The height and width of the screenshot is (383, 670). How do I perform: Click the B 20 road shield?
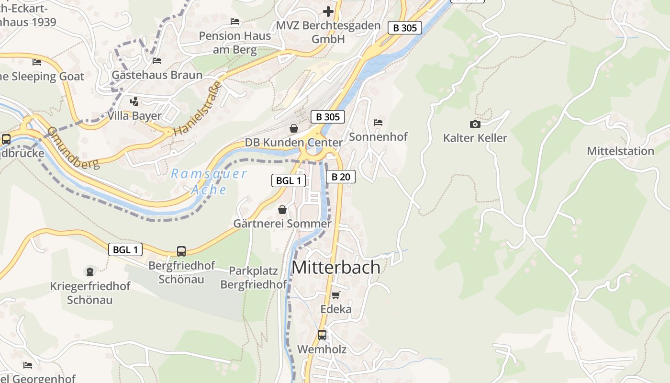coord(341,177)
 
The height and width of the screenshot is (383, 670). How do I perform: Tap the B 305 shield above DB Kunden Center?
coord(327,117)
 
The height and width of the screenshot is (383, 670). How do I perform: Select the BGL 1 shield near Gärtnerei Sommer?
coord(289,180)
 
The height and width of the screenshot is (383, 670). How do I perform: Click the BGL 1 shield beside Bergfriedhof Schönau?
coord(125,249)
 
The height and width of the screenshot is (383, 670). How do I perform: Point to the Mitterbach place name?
coord(336,267)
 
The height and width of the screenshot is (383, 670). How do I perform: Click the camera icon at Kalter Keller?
coord(475,124)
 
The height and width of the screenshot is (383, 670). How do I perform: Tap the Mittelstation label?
coord(620,151)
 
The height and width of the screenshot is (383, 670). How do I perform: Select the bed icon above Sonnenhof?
coord(378,123)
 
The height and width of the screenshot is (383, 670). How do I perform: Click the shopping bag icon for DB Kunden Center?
coord(294,128)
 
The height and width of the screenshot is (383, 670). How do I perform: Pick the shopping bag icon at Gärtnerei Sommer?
coord(282,210)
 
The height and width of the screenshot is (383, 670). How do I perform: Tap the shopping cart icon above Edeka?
coord(336,295)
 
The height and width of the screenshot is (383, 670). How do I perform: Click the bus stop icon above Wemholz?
coord(322,335)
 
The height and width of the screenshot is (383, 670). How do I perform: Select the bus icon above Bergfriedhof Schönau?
coord(181,251)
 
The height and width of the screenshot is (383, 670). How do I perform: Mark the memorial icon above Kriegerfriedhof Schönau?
coord(90,272)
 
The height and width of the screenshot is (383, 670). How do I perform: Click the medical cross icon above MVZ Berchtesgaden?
coord(328,11)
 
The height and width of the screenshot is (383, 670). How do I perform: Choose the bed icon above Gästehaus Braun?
coord(156,61)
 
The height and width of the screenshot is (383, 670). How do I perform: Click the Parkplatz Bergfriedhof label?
coord(253,277)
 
